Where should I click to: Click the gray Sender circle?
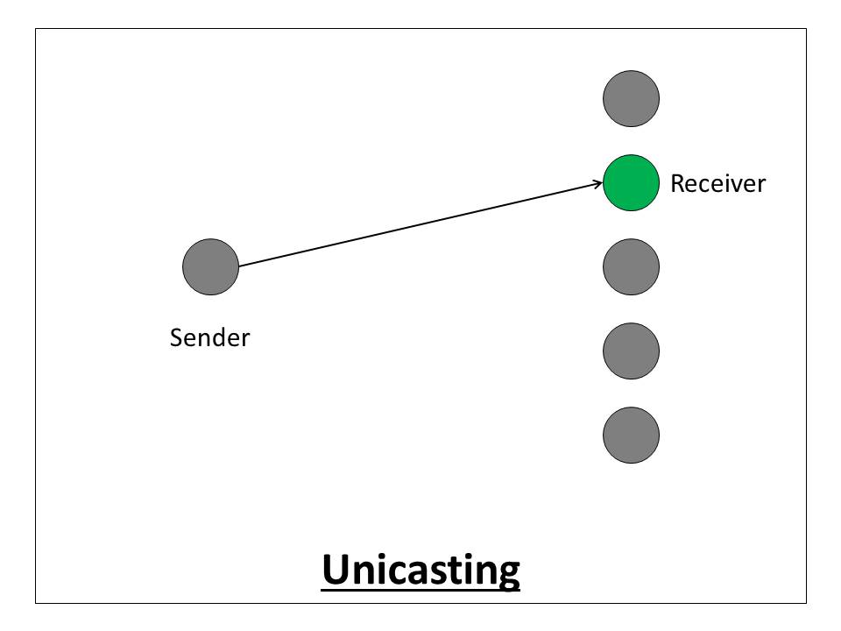pyautogui.click(x=210, y=266)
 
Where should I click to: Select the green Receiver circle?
pyautogui.click(x=631, y=182)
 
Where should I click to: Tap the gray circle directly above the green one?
pyautogui.click(x=631, y=98)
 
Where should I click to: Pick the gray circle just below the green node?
pyautogui.click(x=631, y=266)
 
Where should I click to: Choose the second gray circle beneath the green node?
pyautogui.click(x=631, y=351)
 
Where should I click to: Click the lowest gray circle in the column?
pyautogui.click(x=631, y=435)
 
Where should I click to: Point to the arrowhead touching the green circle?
pyautogui.click(x=599, y=183)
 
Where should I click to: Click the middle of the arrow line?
pyautogui.click(x=420, y=224)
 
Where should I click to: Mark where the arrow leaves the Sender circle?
pyautogui.click(x=239, y=266)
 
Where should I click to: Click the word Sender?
pyautogui.click(x=209, y=337)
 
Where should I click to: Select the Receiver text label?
pyautogui.click(x=717, y=184)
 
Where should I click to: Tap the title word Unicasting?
pyautogui.click(x=420, y=570)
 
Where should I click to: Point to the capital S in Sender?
pyautogui.click(x=176, y=337)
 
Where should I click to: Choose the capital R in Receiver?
pyautogui.click(x=677, y=184)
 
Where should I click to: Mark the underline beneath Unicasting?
pyautogui.click(x=420, y=589)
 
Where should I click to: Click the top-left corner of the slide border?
pyautogui.click(x=36, y=29)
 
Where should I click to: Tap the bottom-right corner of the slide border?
pyautogui.click(x=805, y=603)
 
